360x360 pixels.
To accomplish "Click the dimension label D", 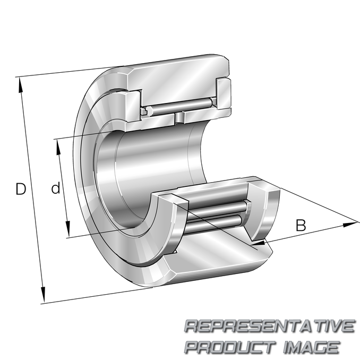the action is (21, 189).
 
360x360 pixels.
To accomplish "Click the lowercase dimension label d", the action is (56, 188).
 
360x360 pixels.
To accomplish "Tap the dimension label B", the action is (301, 225).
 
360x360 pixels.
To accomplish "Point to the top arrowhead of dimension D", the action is (21, 85).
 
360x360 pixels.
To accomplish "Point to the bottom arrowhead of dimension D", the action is (42, 295).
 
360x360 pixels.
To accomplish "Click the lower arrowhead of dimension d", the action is (68, 229).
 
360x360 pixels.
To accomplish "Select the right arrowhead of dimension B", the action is (350, 225).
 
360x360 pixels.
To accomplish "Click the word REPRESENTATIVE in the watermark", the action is (269, 326).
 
